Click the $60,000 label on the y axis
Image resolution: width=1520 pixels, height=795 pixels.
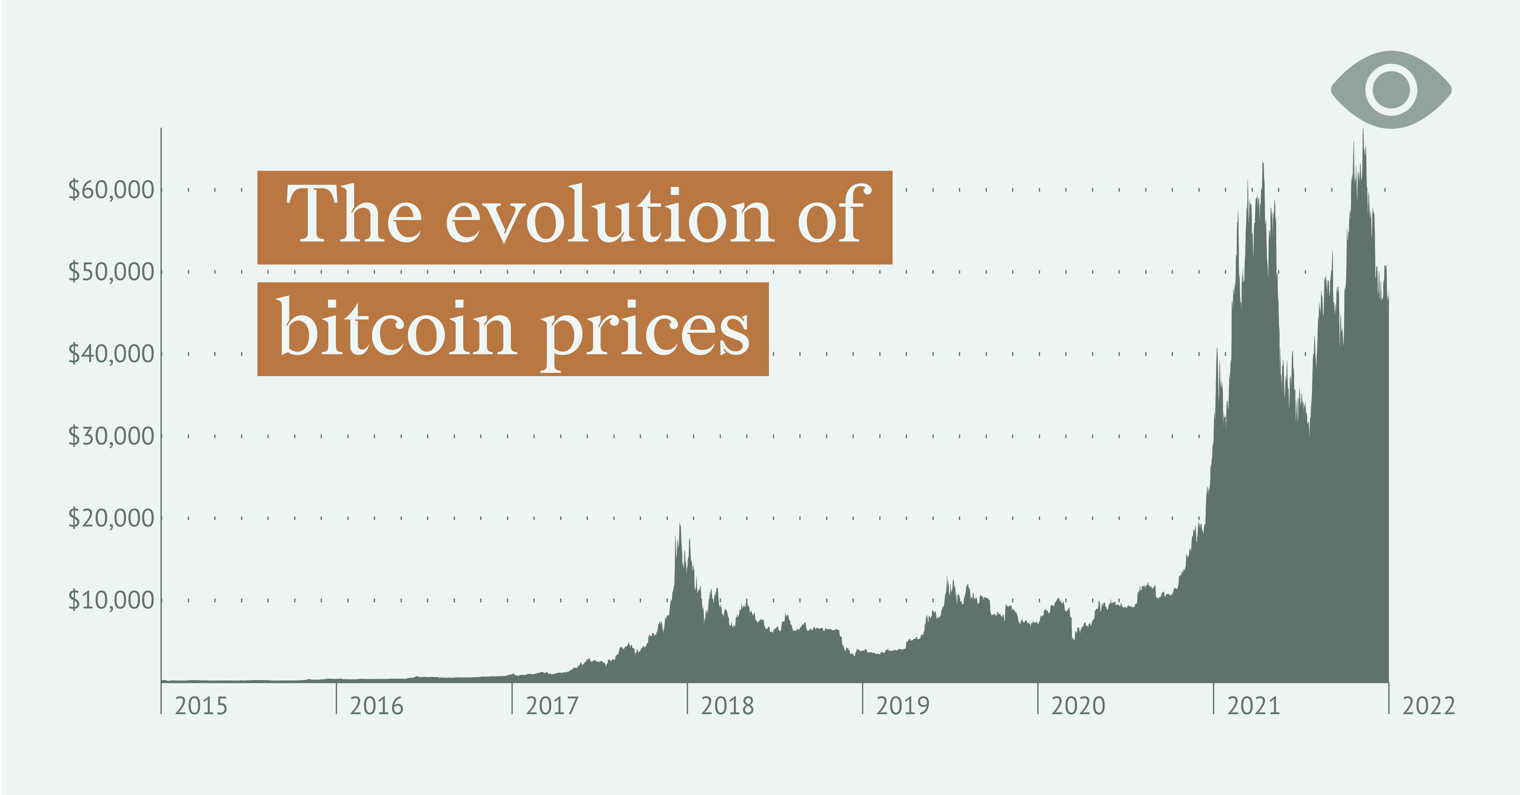click(x=111, y=190)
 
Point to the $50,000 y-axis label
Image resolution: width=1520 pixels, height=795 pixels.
click(x=111, y=272)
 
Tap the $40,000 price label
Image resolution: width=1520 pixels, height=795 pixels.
click(x=111, y=354)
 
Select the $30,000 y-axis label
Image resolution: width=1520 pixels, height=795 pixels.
click(x=111, y=436)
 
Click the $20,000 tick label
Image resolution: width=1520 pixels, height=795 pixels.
click(x=111, y=518)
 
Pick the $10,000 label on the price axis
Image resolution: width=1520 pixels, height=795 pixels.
click(x=111, y=600)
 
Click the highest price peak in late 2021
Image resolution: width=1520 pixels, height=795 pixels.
click(x=1363, y=131)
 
